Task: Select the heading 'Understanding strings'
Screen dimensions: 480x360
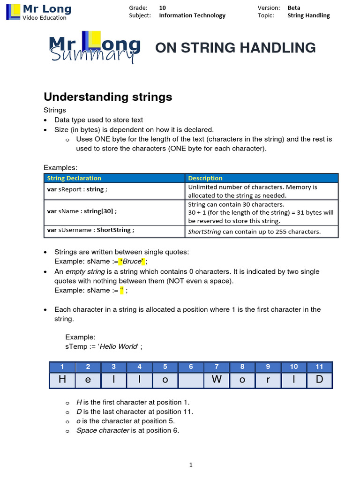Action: (108, 97)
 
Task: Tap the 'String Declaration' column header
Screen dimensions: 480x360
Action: (74, 178)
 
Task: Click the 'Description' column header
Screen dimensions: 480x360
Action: (205, 178)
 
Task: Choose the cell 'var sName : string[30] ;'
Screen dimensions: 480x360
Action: (82, 211)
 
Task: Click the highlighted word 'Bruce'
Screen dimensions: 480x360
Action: (132, 261)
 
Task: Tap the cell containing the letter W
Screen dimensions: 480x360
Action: (217, 380)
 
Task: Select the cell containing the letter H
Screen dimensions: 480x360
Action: (62, 380)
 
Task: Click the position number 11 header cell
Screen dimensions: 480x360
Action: (319, 367)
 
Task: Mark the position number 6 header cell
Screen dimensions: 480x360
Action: (191, 367)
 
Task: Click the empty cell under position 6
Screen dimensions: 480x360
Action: (191, 380)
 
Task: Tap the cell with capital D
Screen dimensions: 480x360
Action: (319, 380)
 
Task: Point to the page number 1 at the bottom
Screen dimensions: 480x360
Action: (191, 465)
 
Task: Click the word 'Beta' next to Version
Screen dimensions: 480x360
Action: (294, 7)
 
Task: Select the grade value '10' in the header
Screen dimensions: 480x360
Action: (162, 7)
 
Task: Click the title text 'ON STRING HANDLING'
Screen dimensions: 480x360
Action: (235, 48)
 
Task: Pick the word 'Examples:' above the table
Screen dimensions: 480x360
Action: (60, 167)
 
